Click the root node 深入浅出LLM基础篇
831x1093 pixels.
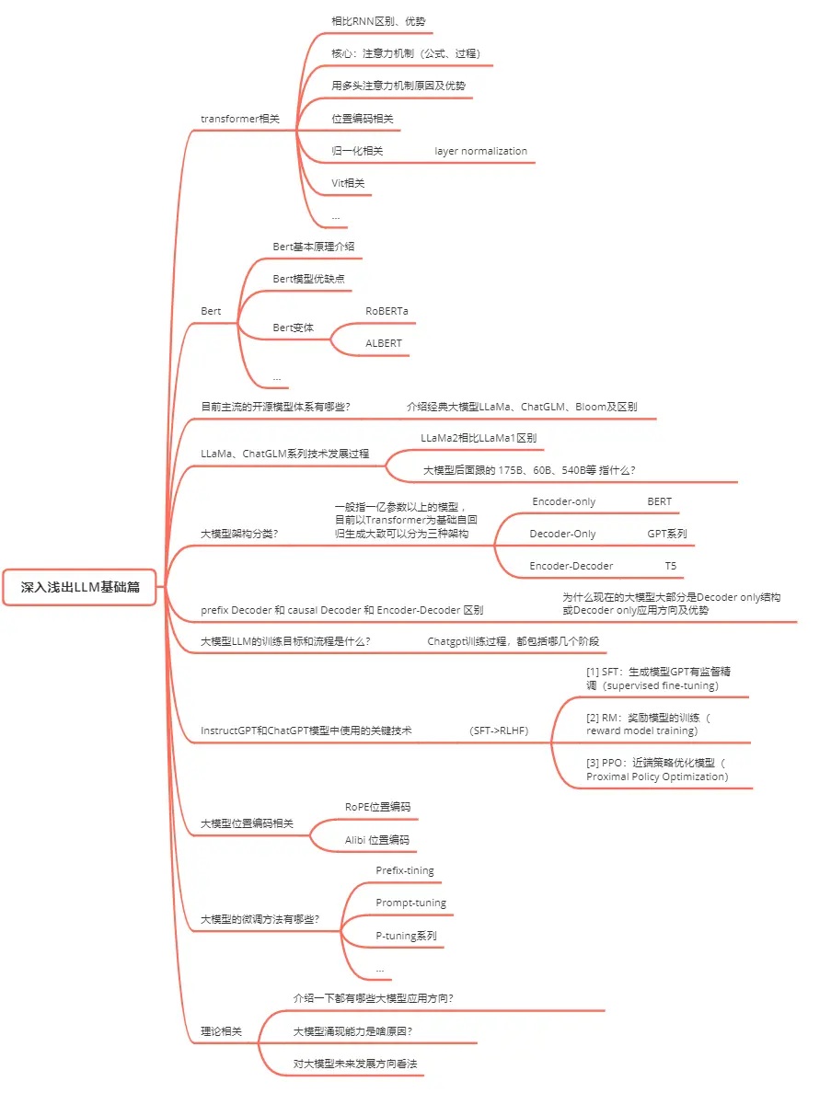click(81, 587)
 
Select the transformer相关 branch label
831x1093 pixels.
click(239, 119)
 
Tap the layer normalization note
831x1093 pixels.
click(480, 151)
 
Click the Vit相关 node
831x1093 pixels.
click(348, 183)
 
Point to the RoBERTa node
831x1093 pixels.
click(387, 311)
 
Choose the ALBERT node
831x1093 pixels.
click(383, 343)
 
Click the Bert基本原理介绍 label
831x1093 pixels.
click(313, 247)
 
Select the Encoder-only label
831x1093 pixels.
click(563, 502)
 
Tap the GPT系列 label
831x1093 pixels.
click(666, 534)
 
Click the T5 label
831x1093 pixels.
click(671, 566)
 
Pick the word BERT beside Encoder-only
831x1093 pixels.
click(659, 502)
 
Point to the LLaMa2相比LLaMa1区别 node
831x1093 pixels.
click(478, 438)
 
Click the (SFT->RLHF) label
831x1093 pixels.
click(499, 731)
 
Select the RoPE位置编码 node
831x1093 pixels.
click(377, 807)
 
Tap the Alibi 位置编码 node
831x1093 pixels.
click(376, 839)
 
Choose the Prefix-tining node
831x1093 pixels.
click(404, 870)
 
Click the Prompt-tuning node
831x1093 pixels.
click(410, 903)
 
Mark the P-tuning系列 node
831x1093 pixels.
click(406, 936)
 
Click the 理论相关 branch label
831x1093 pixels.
click(221, 1031)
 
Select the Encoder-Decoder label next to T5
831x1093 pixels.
click(571, 566)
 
